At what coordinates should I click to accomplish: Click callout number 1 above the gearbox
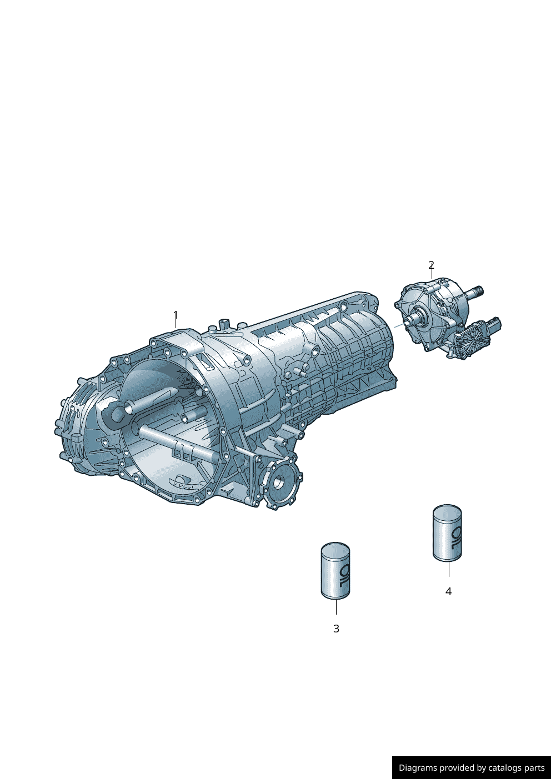pos(176,315)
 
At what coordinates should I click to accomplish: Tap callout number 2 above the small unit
pos(432,265)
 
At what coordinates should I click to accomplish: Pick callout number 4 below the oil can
pos(448,591)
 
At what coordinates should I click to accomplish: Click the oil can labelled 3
pos(335,571)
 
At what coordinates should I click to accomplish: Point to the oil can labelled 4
pos(447,533)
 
